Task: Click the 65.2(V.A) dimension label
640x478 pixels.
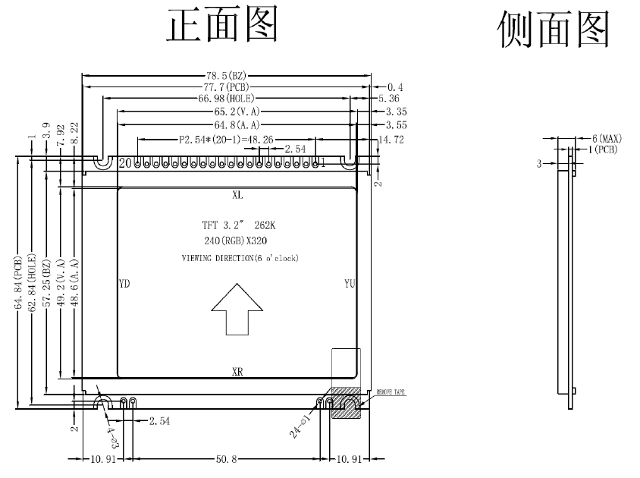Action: click(235, 112)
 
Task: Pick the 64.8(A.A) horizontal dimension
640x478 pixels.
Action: click(235, 124)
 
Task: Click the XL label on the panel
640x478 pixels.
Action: click(237, 195)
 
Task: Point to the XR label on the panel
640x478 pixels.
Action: click(237, 372)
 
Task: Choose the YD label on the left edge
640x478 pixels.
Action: click(125, 284)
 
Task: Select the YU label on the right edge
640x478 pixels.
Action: click(350, 284)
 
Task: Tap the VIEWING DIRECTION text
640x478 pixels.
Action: click(240, 259)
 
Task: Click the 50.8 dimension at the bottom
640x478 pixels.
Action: click(225, 458)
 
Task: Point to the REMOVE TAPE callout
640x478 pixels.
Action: click(391, 392)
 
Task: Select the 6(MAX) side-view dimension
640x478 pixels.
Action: click(607, 139)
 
